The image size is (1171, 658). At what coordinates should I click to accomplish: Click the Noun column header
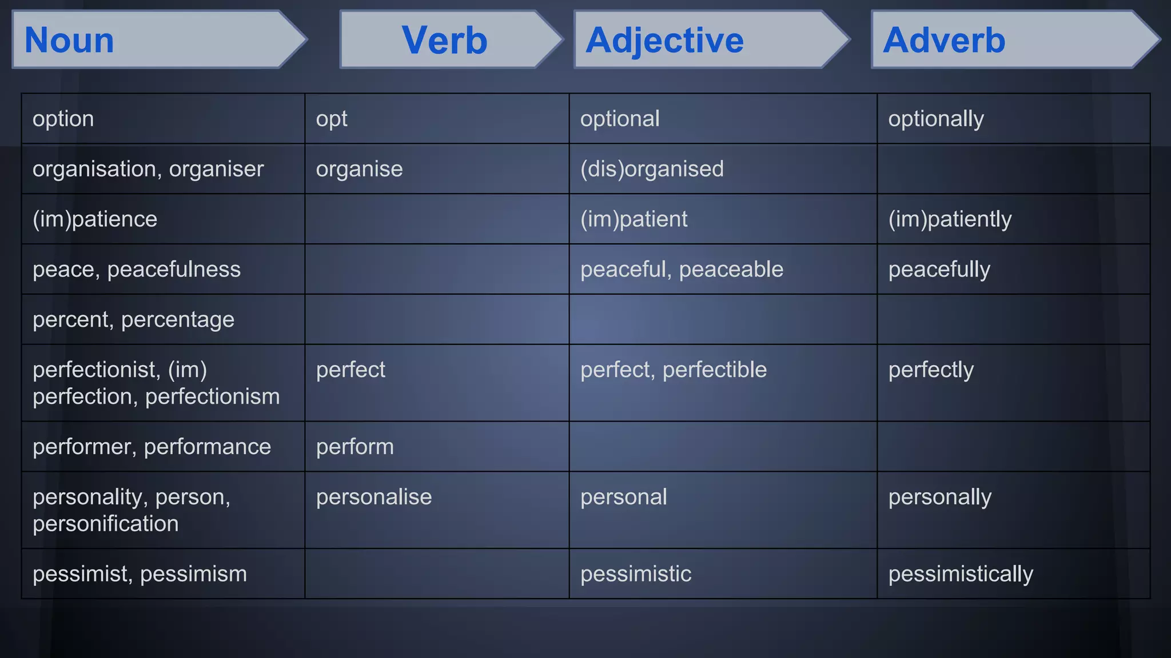click(70, 40)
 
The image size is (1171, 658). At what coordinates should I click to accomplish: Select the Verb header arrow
click(444, 40)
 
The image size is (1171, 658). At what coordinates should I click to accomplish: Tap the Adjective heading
click(664, 40)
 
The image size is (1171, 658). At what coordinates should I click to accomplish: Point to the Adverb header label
click(943, 40)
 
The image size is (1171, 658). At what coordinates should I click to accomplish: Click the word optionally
click(936, 119)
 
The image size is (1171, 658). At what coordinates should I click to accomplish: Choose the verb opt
click(332, 119)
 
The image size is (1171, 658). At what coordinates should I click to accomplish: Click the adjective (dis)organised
click(652, 169)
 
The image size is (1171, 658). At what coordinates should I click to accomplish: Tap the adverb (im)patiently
click(950, 219)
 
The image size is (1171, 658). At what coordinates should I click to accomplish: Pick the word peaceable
click(731, 269)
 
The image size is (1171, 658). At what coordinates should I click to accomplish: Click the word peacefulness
click(174, 269)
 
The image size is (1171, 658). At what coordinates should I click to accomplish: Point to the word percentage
click(177, 320)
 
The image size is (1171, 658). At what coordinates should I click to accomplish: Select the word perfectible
click(714, 370)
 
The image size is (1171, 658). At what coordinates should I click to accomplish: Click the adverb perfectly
click(931, 370)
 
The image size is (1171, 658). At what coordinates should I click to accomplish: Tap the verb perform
click(355, 447)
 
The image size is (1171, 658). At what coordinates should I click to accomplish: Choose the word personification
click(106, 524)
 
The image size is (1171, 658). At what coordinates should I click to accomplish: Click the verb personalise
click(374, 497)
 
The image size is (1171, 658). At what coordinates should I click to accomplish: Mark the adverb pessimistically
click(961, 574)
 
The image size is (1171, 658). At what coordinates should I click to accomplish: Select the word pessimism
click(193, 574)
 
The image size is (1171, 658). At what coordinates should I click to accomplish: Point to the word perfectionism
click(212, 396)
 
